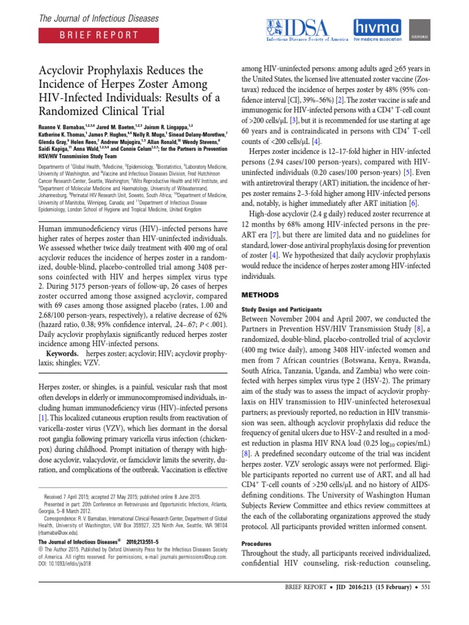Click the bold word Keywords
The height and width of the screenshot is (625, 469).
(62, 353)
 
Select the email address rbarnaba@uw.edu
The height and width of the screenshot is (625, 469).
(59, 531)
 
